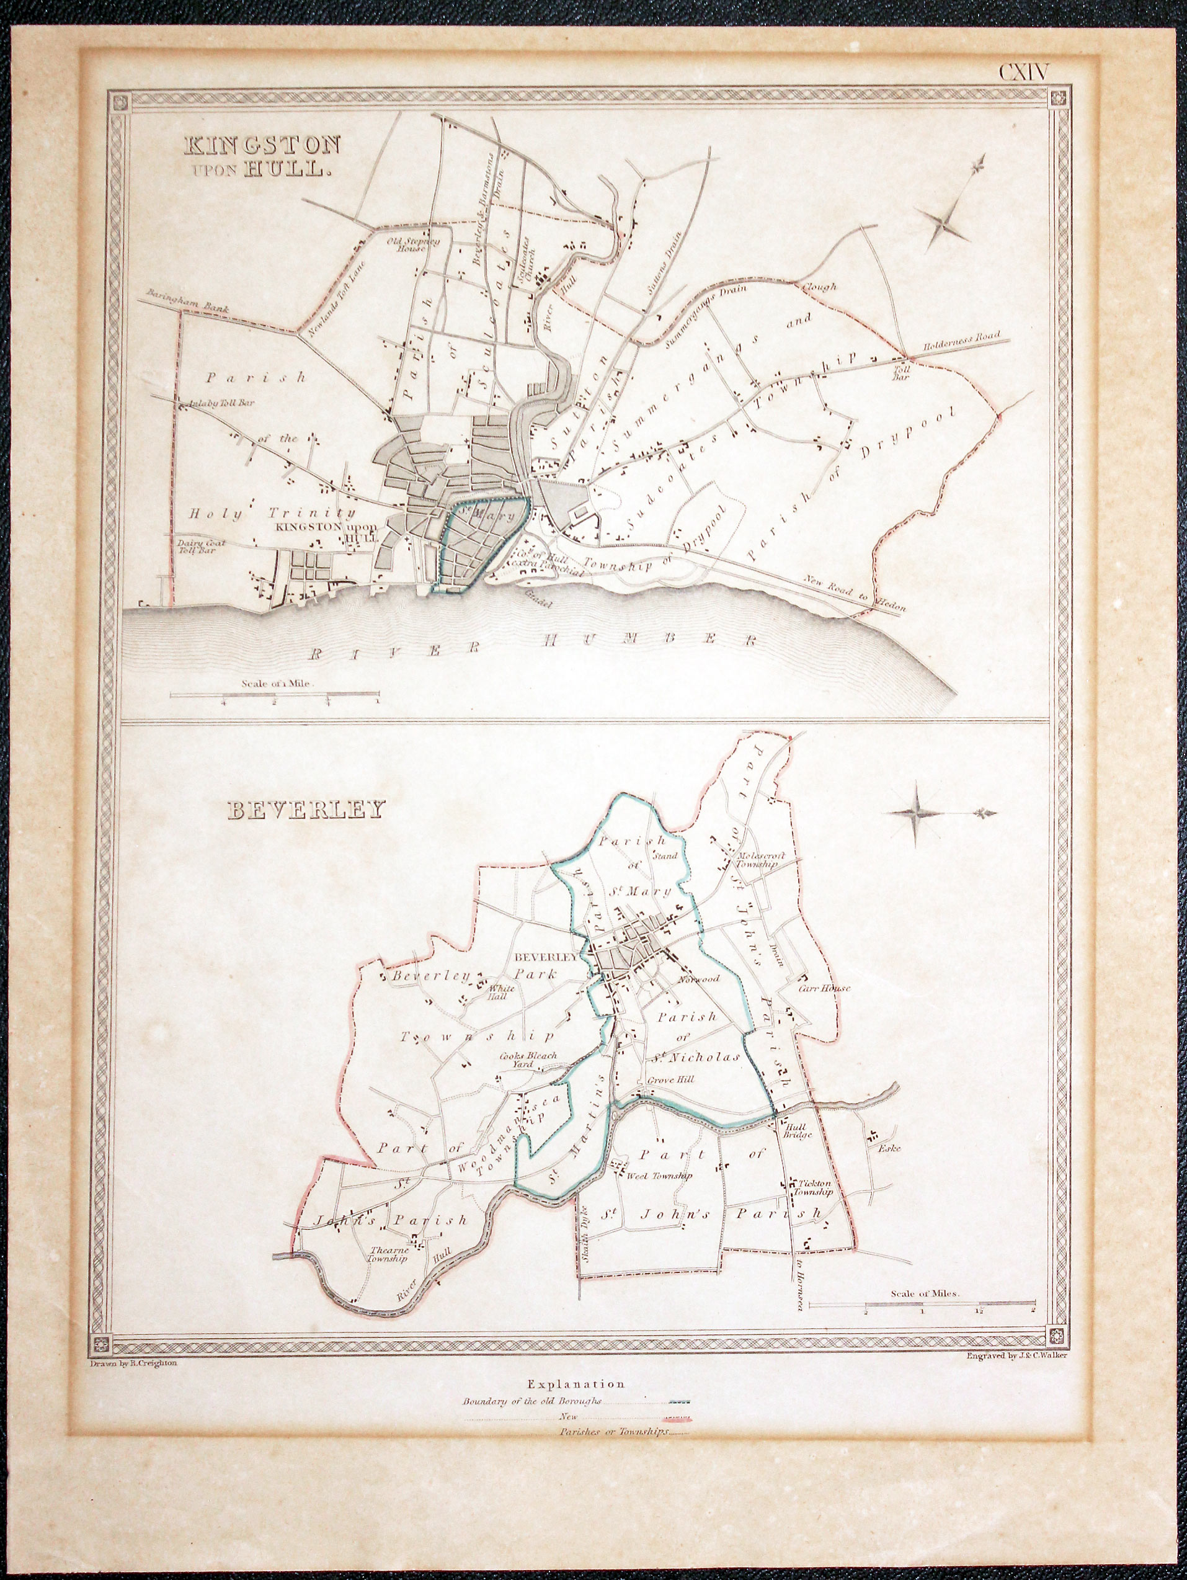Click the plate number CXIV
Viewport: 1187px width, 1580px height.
click(x=1023, y=73)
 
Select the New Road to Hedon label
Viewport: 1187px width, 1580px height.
click(x=854, y=594)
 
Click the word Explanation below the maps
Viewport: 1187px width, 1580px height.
click(x=575, y=1383)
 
